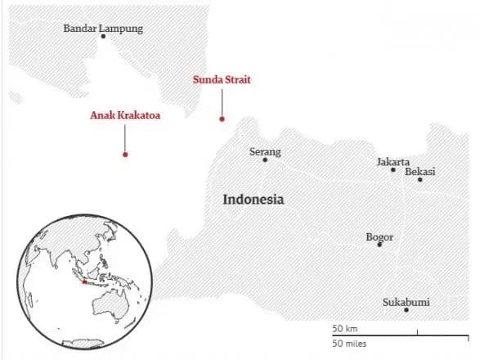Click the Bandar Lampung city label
point(103,28)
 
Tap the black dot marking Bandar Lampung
point(103,37)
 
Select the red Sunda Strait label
point(222,79)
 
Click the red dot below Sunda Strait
point(222,119)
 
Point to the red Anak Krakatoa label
point(124,115)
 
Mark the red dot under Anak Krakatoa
point(124,154)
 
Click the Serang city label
point(265,151)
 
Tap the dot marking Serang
point(265,160)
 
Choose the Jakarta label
point(393,161)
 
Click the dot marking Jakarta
point(393,170)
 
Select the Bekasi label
point(419,171)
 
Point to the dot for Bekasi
point(419,180)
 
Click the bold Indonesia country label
point(253,199)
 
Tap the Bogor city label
point(379,236)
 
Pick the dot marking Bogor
point(379,245)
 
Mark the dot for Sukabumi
point(406,310)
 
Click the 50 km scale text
point(345,328)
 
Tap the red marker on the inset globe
point(83,283)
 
